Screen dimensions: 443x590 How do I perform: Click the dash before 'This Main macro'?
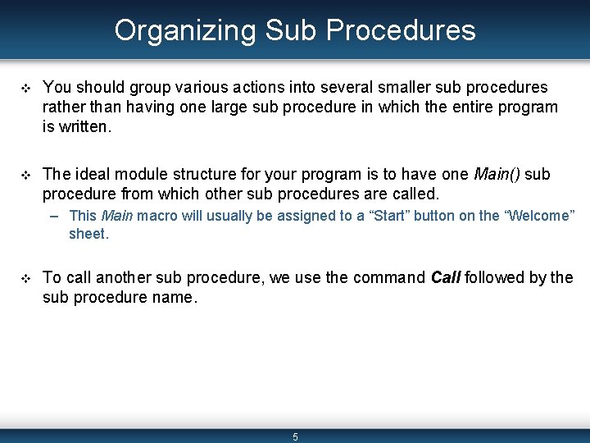pyautogui.click(x=53, y=216)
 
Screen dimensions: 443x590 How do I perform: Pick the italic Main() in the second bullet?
pyautogui.click(x=497, y=174)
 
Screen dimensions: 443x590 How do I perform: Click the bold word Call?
pyautogui.click(x=446, y=277)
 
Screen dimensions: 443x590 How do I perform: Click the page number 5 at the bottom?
pyautogui.click(x=295, y=436)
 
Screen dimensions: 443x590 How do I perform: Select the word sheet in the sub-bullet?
pyautogui.click(x=88, y=234)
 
